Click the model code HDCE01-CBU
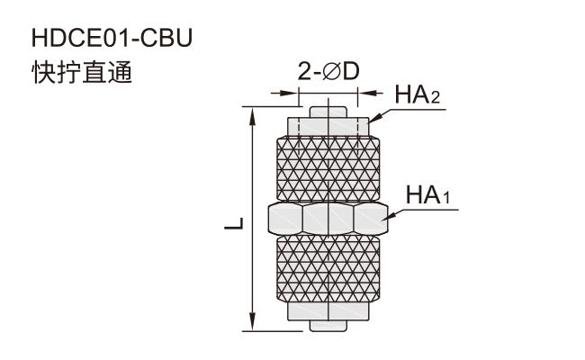tap(112, 38)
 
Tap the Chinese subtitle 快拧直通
tap(82, 72)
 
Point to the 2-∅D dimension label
tap(328, 71)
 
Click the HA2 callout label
tap(418, 94)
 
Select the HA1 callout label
tap(427, 194)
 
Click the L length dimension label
tap(234, 223)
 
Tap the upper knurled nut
tap(328, 168)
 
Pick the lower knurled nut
tap(328, 269)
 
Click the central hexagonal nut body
tap(328, 219)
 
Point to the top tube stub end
tap(328, 112)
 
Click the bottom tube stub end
tap(328, 326)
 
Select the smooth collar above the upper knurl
tap(328, 127)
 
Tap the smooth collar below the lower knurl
tap(328, 311)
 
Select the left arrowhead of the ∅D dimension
tap(288, 93)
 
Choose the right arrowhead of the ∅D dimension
tap(369, 93)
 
